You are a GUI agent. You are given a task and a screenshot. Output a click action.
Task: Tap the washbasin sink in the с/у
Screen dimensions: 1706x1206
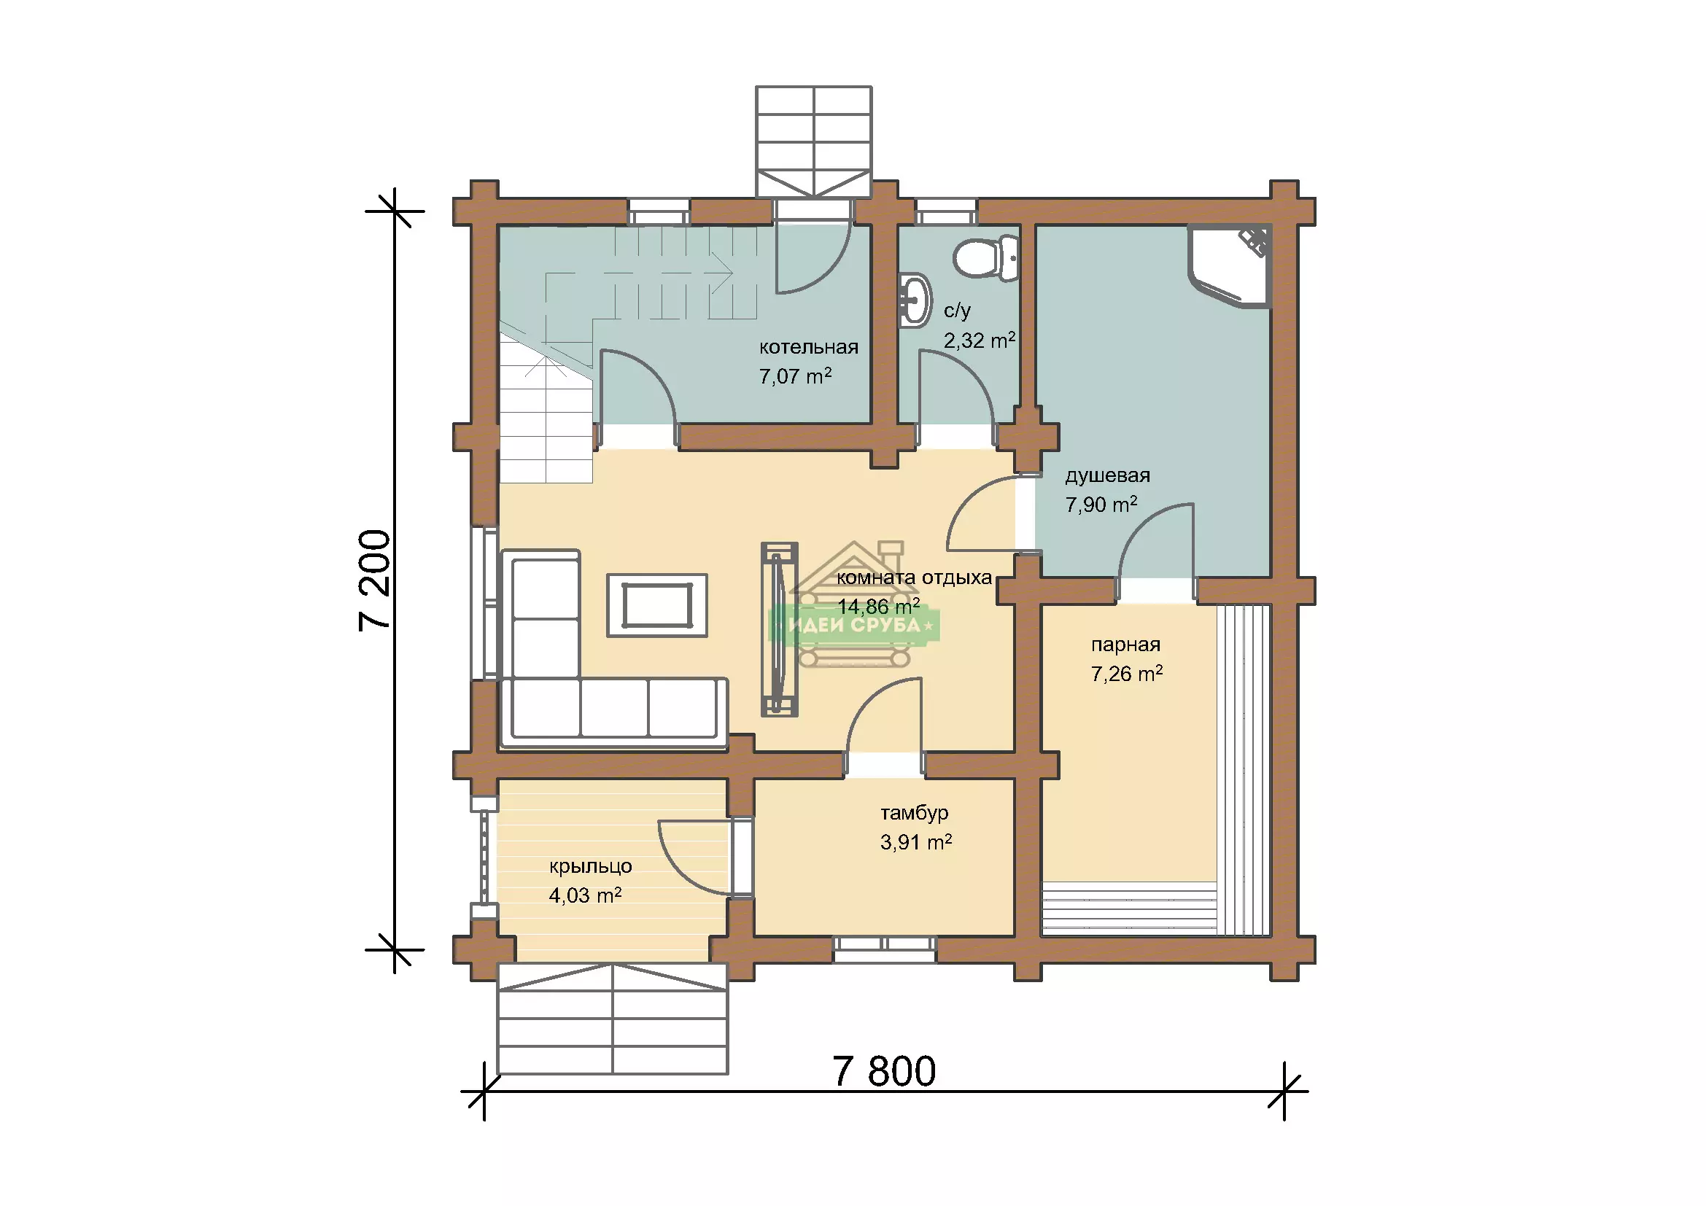tap(915, 300)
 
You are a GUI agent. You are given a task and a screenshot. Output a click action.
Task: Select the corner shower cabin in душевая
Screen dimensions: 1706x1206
tap(1229, 265)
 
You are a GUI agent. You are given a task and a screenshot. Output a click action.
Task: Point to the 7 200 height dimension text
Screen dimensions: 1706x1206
tap(374, 580)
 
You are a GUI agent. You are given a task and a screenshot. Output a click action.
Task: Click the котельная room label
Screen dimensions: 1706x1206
tap(808, 347)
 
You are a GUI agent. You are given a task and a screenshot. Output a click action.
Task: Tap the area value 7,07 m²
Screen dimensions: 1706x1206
tap(795, 376)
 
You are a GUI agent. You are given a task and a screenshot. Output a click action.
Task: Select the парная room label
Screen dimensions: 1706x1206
tap(1125, 645)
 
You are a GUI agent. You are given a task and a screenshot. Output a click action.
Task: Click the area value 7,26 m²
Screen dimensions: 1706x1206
tap(1126, 674)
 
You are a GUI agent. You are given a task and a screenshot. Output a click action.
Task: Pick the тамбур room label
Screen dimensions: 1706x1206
tap(915, 813)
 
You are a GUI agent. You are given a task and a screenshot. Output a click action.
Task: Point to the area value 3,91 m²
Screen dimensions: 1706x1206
tap(916, 842)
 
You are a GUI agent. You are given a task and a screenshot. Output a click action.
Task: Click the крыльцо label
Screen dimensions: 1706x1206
tap(591, 867)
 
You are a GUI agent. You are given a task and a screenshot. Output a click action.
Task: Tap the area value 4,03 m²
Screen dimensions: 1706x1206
tap(585, 895)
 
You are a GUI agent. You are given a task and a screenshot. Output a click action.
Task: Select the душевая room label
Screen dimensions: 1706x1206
tap(1107, 476)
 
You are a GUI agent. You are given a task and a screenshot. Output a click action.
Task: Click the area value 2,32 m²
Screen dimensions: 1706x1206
tap(980, 340)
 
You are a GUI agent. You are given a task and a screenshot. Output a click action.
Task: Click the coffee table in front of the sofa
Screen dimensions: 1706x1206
tap(657, 605)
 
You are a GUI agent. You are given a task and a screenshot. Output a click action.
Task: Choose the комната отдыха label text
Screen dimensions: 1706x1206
tap(914, 577)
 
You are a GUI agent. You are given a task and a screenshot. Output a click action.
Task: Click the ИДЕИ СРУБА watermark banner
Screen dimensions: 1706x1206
tap(854, 626)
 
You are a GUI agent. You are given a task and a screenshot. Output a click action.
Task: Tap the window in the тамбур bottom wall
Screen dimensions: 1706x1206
tap(884, 949)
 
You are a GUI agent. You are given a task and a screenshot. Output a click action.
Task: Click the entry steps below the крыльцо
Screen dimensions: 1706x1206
tap(612, 1019)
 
